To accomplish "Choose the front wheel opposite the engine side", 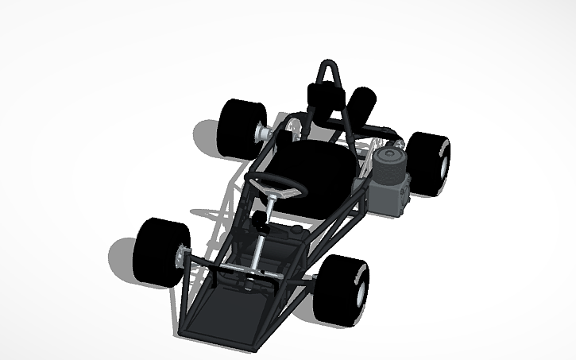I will (162, 253).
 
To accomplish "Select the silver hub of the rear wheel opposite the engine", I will (259, 133).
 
